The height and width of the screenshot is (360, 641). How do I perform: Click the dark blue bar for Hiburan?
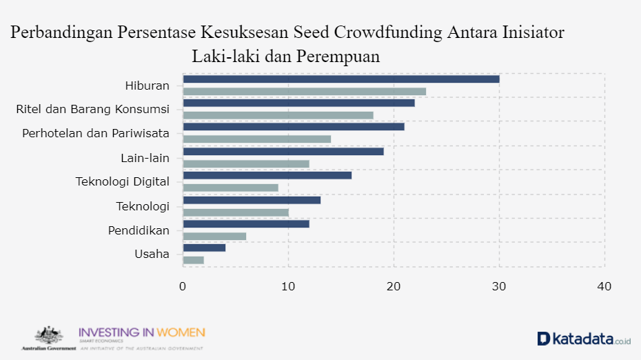[341, 79]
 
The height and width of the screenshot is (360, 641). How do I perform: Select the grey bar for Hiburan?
[304, 92]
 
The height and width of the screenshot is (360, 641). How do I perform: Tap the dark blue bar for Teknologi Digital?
[267, 175]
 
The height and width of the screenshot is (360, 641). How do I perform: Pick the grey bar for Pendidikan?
[214, 236]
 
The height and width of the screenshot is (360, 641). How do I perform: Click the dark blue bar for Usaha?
[204, 248]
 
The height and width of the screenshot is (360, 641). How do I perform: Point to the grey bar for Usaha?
[194, 260]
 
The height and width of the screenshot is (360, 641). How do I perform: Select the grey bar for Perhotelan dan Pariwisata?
[256, 139]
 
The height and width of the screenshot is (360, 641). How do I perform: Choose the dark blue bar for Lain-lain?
[283, 151]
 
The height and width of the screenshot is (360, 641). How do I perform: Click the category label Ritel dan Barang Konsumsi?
[92, 110]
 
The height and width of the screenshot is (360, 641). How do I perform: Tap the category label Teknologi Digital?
[122, 182]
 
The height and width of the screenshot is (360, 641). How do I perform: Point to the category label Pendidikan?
[139, 230]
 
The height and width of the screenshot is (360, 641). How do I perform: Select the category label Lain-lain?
[145, 158]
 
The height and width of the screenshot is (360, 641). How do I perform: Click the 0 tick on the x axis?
[183, 286]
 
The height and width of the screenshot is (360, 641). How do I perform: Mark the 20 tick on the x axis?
[394, 286]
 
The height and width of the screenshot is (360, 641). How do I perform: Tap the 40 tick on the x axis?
[604, 286]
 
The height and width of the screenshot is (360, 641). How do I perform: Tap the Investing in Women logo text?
[142, 333]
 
